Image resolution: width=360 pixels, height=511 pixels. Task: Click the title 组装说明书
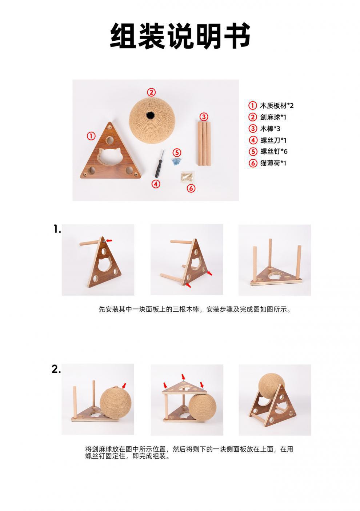(x=180, y=36)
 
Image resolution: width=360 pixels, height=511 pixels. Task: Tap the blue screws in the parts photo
(x=177, y=162)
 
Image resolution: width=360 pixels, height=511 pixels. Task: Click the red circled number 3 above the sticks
(x=204, y=117)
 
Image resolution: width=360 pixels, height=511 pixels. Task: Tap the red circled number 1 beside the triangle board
(x=91, y=136)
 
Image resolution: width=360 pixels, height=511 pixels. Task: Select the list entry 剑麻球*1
(x=273, y=117)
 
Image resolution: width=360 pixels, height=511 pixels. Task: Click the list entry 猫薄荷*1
(x=273, y=163)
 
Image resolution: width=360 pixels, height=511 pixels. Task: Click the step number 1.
(x=57, y=229)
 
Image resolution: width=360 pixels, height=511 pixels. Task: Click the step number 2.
(x=56, y=369)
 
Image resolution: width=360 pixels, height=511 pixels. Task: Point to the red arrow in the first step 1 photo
(x=109, y=240)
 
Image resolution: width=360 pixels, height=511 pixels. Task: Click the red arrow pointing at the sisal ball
(x=125, y=385)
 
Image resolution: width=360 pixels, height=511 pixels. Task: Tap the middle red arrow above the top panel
(x=183, y=377)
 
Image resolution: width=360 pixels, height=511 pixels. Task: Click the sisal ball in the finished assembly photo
(x=271, y=386)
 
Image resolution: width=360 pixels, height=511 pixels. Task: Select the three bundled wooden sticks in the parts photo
(x=204, y=144)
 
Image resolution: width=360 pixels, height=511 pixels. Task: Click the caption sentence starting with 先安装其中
(x=195, y=310)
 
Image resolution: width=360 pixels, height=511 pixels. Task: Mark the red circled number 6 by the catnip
(x=191, y=188)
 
